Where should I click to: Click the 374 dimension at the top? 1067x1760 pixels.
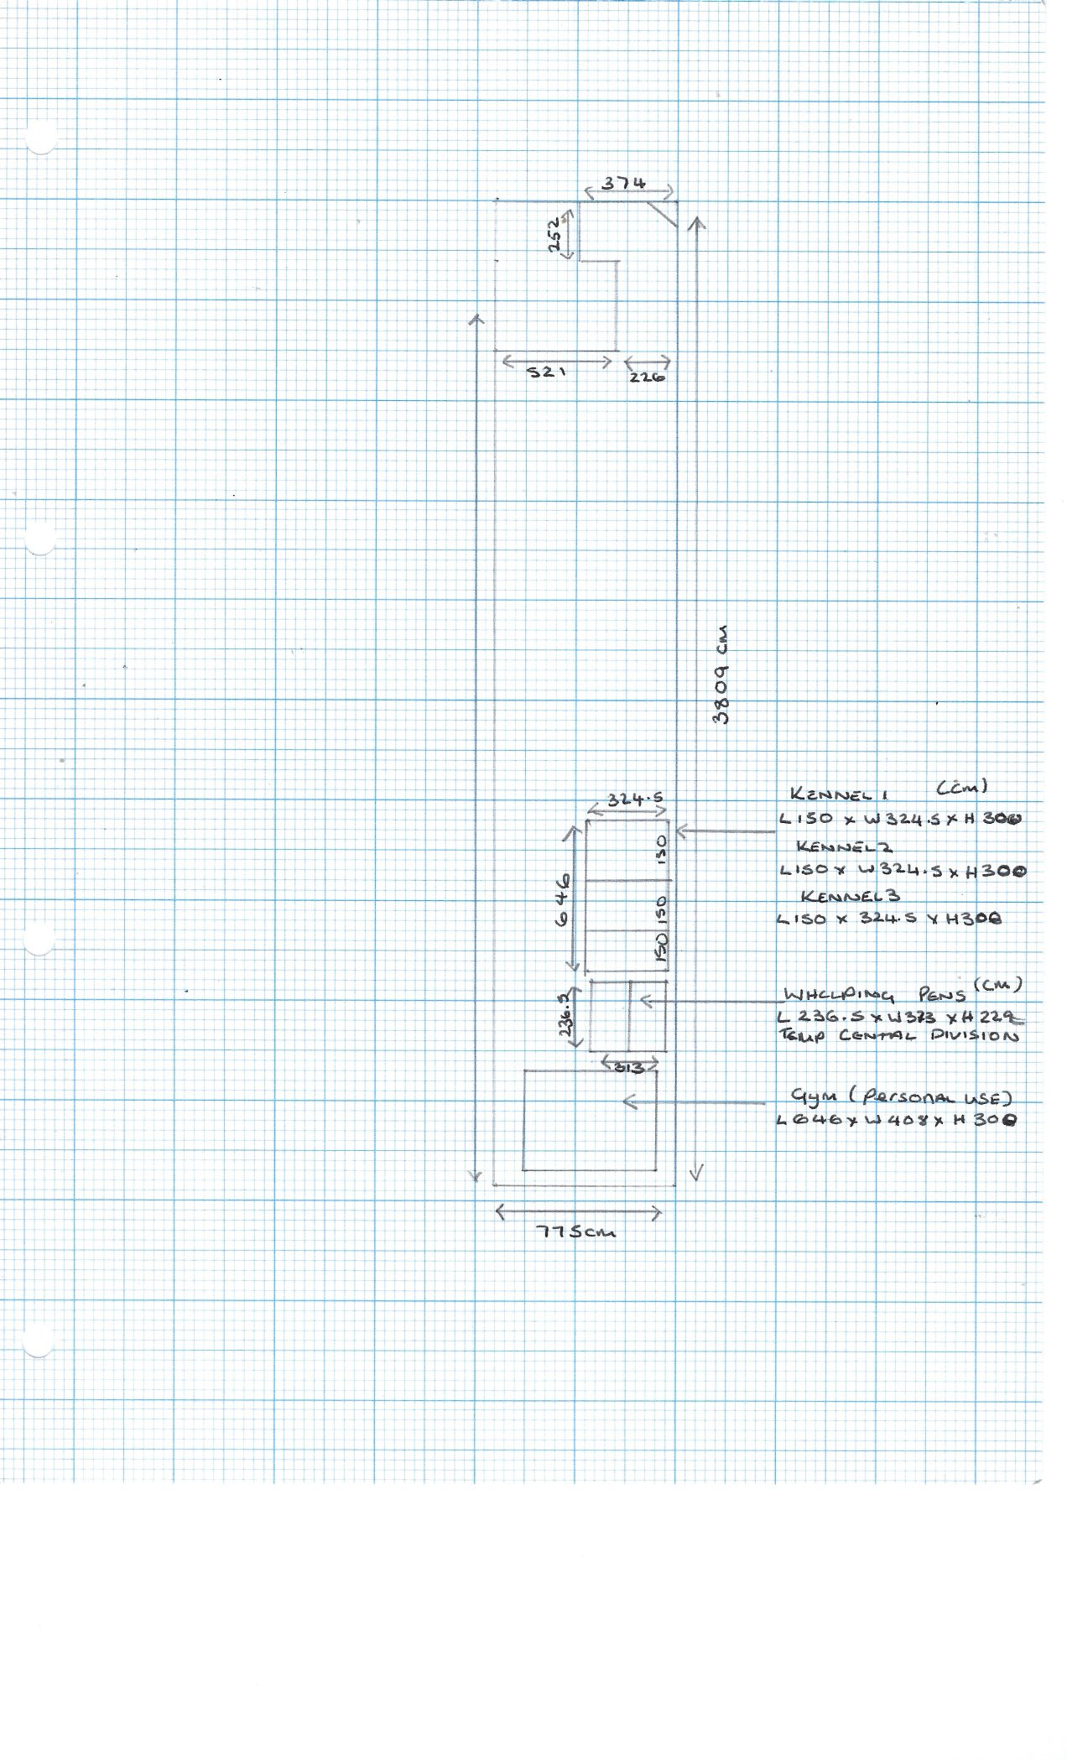(x=624, y=184)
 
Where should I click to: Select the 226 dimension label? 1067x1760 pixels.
(x=647, y=378)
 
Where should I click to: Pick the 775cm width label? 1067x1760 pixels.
(x=576, y=1232)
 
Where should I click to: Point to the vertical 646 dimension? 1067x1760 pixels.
(x=561, y=898)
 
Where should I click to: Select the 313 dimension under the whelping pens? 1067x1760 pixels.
(x=629, y=1068)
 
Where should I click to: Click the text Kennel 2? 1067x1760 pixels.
(x=845, y=846)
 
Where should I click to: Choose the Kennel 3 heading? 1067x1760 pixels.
(x=850, y=897)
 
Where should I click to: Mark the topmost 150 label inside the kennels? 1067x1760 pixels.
(x=662, y=849)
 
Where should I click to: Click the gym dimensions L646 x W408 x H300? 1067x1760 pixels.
(x=897, y=1120)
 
